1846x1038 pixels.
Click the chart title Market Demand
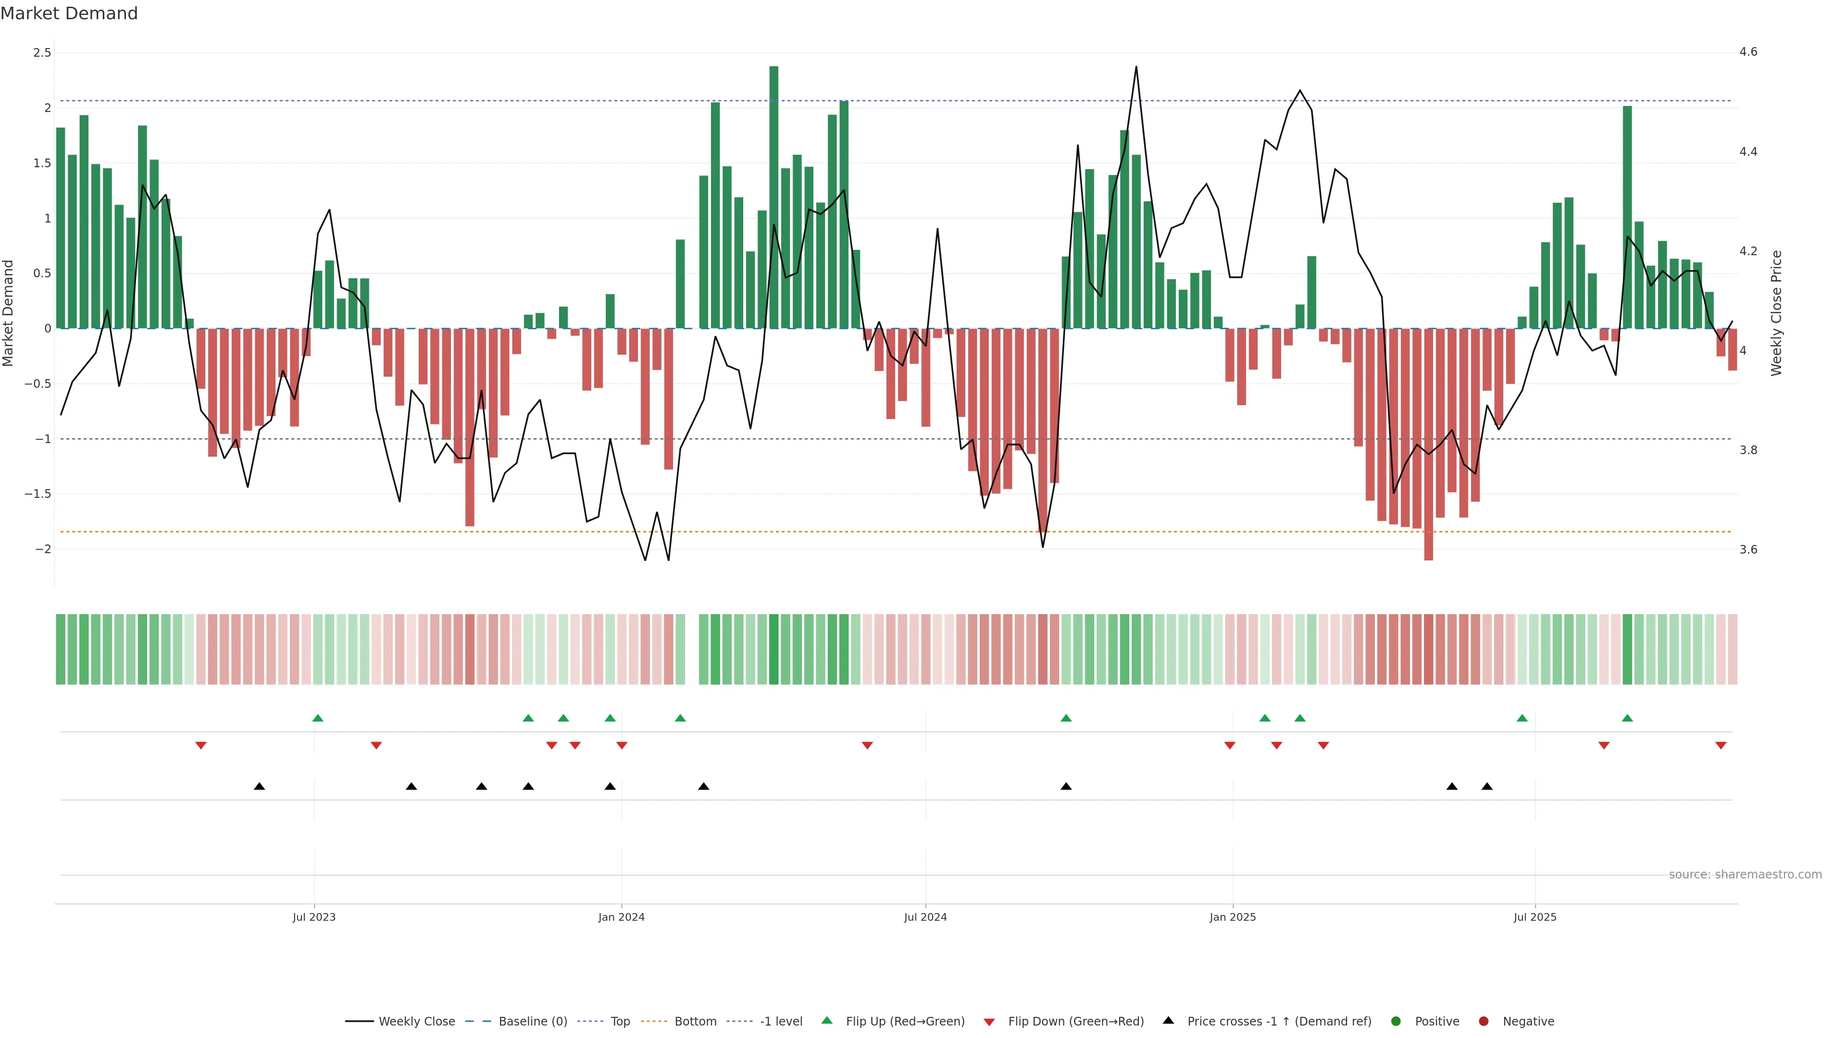[69, 13]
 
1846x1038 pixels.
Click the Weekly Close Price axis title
[1776, 313]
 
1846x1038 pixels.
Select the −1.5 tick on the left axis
[38, 494]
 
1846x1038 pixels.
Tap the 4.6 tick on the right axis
[1748, 52]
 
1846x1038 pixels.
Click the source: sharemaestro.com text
[1745, 875]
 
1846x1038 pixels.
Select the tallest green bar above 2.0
[774, 197]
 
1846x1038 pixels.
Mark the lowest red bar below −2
[1428, 444]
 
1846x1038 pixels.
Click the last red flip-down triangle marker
[1721, 746]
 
